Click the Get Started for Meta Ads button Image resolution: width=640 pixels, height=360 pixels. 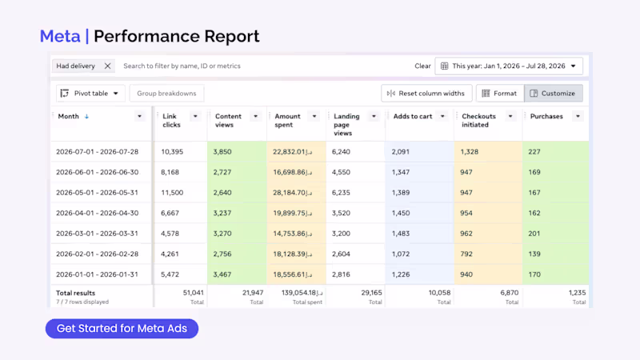coord(122,329)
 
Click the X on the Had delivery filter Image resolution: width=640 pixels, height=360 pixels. coord(107,66)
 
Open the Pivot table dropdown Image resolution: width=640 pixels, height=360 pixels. coord(90,94)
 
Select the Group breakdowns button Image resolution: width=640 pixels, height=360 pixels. coord(166,94)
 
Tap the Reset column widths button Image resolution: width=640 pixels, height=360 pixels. coord(426,94)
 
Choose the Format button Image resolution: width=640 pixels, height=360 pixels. coord(500,94)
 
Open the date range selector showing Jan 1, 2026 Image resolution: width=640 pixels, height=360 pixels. coord(509,66)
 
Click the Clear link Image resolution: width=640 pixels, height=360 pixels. coord(422,66)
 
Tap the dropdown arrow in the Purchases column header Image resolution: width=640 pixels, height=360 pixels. coord(578,116)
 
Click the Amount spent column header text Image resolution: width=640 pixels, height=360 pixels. coord(287,121)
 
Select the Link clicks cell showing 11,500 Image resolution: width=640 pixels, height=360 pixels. coord(172,193)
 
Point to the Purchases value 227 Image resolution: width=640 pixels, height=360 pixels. coord(534,152)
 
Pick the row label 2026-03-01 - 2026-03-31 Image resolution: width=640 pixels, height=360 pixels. coord(97,234)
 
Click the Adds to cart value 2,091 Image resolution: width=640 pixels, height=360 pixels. coord(401,152)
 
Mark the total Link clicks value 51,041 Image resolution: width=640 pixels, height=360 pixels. coord(193,293)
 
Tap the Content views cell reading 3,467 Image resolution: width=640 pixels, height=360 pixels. coord(222,274)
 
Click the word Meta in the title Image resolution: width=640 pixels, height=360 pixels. coord(60,36)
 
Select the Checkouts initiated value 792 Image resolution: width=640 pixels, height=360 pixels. coord(466,254)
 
